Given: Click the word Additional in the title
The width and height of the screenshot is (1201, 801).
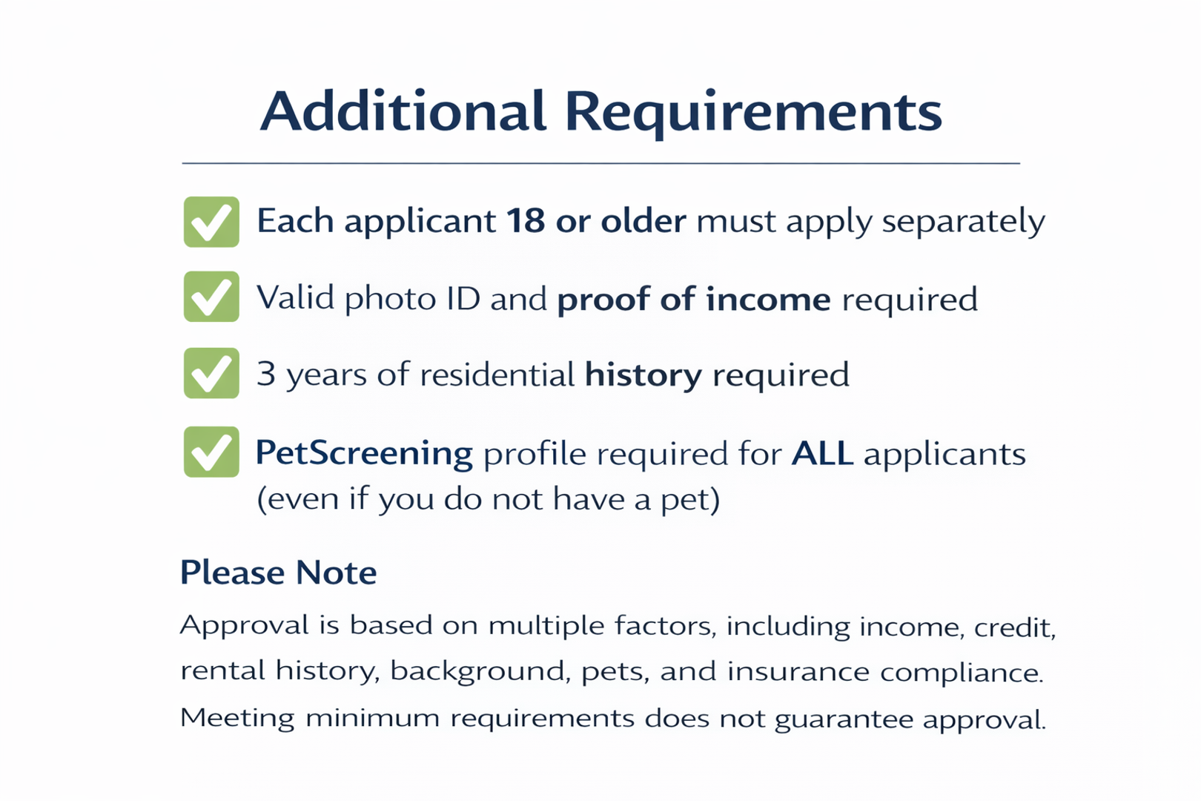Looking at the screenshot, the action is pyautogui.click(x=403, y=111).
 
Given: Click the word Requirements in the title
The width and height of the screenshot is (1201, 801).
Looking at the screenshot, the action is pyautogui.click(x=753, y=113).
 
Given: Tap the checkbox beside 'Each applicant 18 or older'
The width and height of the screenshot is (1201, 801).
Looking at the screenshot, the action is pyautogui.click(x=211, y=222).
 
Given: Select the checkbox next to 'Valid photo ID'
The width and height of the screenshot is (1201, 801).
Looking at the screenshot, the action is pyautogui.click(x=211, y=296).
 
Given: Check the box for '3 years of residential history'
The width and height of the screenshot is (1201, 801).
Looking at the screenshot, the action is pyautogui.click(x=211, y=373).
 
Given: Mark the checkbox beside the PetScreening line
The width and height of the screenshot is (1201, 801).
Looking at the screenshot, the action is pyautogui.click(x=211, y=452).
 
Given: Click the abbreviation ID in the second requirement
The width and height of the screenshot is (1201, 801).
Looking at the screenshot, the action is pyautogui.click(x=463, y=297).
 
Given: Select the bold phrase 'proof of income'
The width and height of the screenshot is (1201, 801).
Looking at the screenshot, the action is pyautogui.click(x=694, y=300).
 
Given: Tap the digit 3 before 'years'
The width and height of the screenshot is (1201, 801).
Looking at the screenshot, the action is pyautogui.click(x=266, y=374).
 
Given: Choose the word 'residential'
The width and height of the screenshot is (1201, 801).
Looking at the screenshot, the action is pyautogui.click(x=497, y=374).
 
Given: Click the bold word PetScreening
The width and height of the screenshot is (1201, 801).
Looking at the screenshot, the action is pyautogui.click(x=364, y=454).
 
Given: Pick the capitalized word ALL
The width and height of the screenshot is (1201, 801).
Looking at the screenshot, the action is pyautogui.click(x=822, y=453).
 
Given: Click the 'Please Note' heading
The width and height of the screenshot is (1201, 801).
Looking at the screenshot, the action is pyautogui.click(x=278, y=573).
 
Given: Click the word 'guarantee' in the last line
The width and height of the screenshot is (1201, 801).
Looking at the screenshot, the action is pyautogui.click(x=844, y=719).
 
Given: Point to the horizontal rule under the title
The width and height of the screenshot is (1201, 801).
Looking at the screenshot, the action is pyautogui.click(x=600, y=163).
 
